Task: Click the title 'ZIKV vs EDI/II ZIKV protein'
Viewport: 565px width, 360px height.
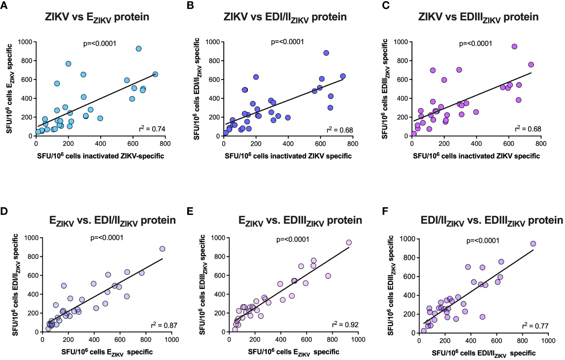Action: point(285,17)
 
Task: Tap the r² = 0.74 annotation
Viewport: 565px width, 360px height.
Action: point(152,129)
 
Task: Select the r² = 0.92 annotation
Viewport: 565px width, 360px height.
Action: point(345,325)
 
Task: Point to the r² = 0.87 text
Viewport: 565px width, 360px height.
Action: point(164,325)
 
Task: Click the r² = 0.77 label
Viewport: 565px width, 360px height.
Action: point(535,326)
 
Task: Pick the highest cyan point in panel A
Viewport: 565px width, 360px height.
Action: point(139,49)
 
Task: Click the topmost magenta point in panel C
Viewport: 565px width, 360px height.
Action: point(514,47)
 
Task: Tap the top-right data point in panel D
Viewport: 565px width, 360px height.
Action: point(162,249)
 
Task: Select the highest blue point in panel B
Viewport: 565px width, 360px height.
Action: point(326,53)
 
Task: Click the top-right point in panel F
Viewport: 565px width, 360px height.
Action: point(533,244)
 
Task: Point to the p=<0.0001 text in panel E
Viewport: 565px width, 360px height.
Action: point(293,240)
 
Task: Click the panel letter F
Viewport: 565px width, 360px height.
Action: point(385,211)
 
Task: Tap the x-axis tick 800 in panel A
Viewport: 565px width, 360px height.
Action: point(165,144)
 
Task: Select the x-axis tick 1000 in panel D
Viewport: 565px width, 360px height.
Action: point(172,340)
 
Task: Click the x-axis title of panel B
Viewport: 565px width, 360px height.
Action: point(288,156)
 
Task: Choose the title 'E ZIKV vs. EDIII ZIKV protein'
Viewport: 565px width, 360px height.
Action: point(300,221)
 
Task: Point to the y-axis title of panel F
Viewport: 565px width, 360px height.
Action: point(391,285)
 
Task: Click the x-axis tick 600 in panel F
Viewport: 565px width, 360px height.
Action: point(497,341)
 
